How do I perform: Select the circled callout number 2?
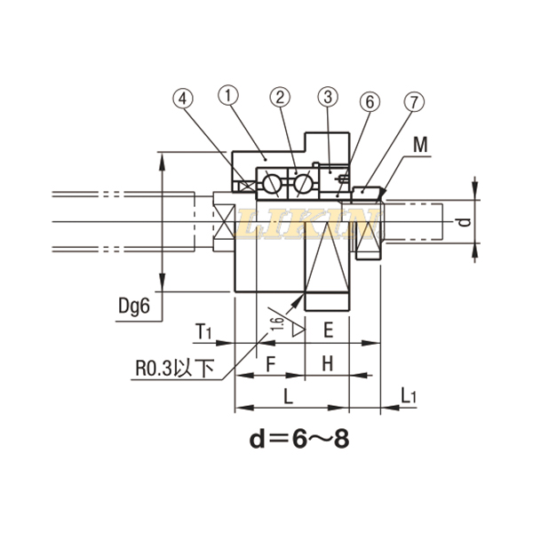(280, 96)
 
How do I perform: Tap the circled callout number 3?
(327, 96)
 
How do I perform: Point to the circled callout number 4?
(182, 99)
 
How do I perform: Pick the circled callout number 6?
(369, 101)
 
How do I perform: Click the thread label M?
(420, 144)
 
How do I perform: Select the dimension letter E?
(328, 330)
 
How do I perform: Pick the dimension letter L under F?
(287, 395)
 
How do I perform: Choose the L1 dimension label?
(409, 395)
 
